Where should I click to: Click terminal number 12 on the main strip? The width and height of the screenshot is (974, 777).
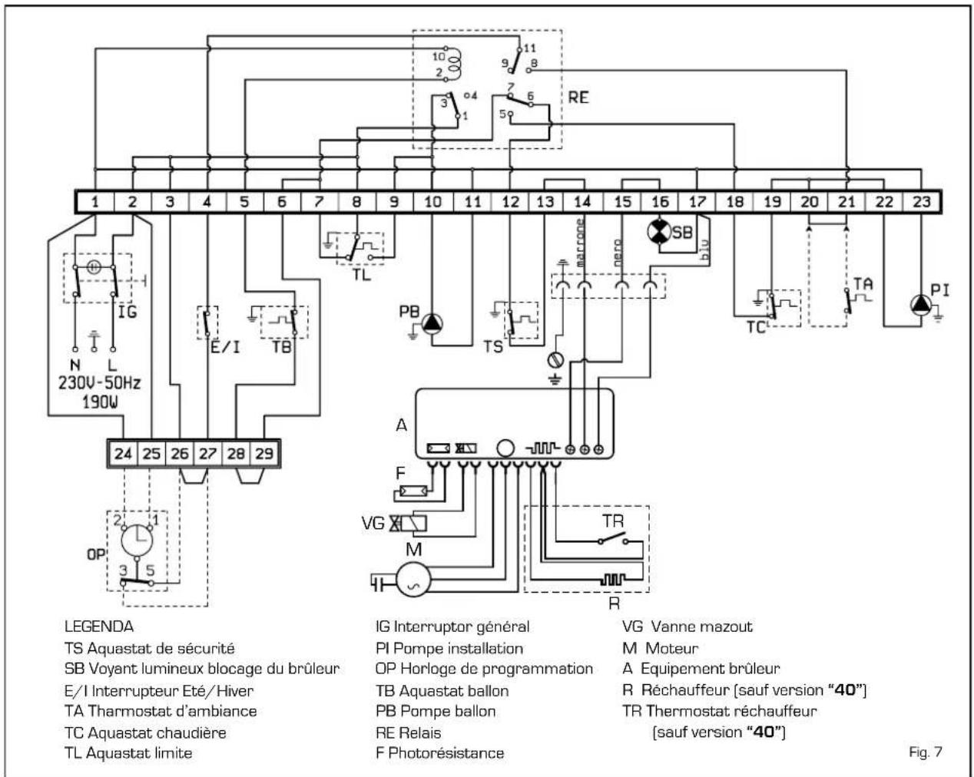[510, 202]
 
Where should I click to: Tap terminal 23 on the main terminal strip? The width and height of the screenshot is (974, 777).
[921, 202]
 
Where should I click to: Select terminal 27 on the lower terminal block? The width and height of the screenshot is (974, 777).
[207, 454]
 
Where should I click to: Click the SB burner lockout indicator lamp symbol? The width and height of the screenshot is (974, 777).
[659, 232]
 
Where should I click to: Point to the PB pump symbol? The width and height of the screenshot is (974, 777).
[432, 324]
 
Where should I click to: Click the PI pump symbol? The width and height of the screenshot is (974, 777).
[921, 306]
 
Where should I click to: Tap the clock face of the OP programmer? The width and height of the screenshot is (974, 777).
[137, 541]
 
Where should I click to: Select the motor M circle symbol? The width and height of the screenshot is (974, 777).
[413, 579]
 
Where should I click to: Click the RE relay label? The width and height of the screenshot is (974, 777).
[578, 98]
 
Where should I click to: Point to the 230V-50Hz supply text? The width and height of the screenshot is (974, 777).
[100, 383]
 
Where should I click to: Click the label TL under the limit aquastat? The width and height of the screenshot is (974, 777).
[361, 275]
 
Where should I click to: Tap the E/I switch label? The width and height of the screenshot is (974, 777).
[225, 347]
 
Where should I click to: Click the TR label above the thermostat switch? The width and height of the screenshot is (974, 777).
[613, 521]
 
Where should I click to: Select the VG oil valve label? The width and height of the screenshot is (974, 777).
[373, 524]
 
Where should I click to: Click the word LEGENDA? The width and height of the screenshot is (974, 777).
[99, 627]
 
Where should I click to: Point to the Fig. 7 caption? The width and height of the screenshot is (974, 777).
[926, 752]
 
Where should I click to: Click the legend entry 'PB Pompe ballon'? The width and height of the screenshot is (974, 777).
[436, 711]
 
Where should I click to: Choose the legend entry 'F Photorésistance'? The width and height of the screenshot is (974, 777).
[440, 752]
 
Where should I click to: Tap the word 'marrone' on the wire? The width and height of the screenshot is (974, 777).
[580, 243]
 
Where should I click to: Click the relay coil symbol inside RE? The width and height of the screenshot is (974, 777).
[453, 64]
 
